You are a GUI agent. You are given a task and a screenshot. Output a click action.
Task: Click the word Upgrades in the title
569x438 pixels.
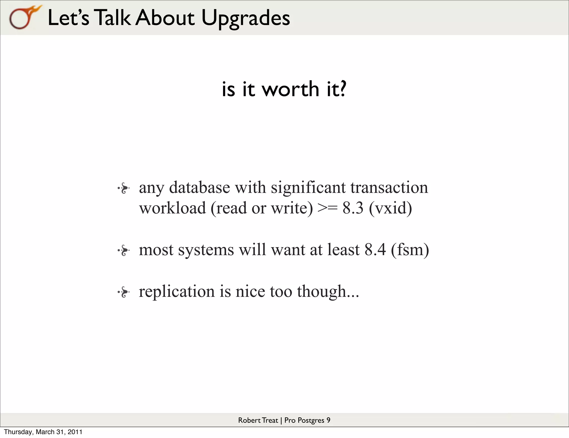[x=246, y=18]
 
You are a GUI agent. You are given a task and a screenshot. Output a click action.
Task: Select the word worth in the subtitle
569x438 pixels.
[x=291, y=89]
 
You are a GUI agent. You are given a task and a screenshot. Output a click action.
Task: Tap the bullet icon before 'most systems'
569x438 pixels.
[x=124, y=251]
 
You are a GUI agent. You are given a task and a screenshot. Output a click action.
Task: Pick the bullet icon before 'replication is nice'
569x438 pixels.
[x=124, y=292]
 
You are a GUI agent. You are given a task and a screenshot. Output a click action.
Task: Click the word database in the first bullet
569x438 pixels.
[x=199, y=187]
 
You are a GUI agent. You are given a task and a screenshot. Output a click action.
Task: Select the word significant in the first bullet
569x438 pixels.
[x=308, y=187]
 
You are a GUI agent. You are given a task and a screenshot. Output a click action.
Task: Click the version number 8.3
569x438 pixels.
[x=353, y=208]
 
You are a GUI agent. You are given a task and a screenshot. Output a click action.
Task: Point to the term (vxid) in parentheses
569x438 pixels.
[x=390, y=208]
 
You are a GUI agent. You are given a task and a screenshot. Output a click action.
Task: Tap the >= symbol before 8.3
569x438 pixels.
[x=328, y=208]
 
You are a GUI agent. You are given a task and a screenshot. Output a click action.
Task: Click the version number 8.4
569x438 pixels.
[x=375, y=250]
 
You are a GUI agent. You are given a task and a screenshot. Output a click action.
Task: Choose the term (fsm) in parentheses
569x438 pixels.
[x=410, y=250]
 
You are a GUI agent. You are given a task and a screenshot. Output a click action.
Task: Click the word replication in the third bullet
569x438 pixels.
[x=177, y=291]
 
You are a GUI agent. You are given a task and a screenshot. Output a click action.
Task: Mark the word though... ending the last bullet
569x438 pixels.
[x=328, y=291]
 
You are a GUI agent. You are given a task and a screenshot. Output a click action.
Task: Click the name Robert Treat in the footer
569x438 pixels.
[x=258, y=420]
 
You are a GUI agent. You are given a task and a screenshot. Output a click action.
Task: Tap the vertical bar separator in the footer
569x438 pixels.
[x=281, y=420]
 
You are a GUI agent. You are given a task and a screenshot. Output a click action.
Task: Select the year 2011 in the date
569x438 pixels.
[x=75, y=432]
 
